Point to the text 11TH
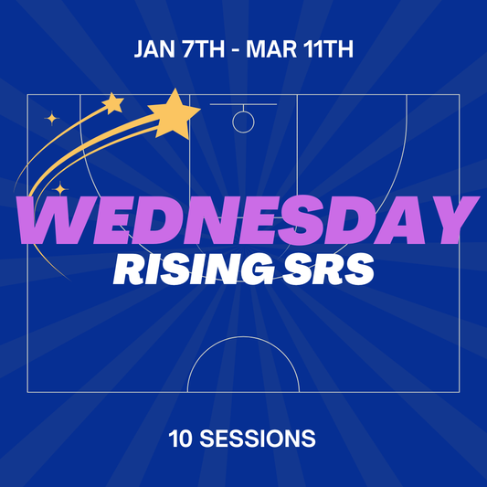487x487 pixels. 328,48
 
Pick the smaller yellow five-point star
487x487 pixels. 112,102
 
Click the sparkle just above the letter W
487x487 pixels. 60,189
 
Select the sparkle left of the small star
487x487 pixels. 52,117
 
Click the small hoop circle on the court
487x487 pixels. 243,121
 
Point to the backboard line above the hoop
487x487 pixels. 243,104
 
